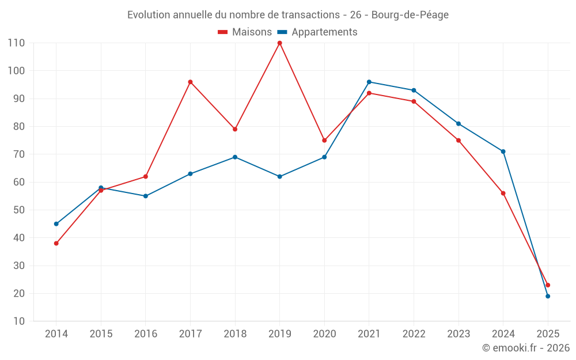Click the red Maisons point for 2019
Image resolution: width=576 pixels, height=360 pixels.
point(280,43)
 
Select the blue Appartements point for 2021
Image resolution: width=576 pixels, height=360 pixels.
point(369,82)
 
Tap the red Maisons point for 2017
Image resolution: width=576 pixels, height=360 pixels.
point(190,82)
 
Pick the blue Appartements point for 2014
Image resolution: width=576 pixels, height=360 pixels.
point(56,223)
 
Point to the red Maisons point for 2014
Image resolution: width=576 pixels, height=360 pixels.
point(56,243)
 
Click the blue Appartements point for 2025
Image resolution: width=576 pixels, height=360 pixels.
point(548,296)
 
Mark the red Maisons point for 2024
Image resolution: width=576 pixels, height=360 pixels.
point(503,193)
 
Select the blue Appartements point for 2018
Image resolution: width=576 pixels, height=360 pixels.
point(235,157)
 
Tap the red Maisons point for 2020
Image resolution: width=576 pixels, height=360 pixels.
point(324,140)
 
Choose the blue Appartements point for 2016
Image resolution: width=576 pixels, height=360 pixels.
point(146,196)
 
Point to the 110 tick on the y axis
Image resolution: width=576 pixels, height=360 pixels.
point(16,43)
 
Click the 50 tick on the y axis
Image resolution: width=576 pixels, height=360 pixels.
point(18,210)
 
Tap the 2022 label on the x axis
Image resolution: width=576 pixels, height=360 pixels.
point(414,334)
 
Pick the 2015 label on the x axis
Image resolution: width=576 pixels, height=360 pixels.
point(101,334)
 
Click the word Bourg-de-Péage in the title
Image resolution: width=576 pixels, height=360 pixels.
point(410,15)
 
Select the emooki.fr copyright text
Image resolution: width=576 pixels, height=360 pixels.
point(526,348)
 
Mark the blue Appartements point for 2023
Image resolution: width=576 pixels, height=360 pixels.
point(458,124)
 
